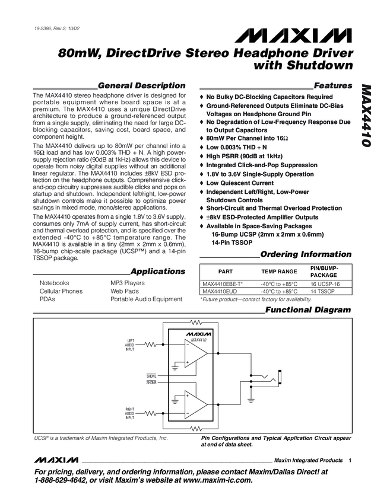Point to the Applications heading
click(x=158, y=272)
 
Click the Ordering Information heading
click(x=306, y=254)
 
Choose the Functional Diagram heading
click(x=308, y=310)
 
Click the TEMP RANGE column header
click(x=279, y=271)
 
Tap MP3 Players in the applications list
click(x=128, y=283)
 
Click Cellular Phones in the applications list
click(x=61, y=291)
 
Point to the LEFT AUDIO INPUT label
click(x=130, y=344)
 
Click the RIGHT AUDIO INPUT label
click(x=130, y=413)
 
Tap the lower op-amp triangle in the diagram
click(x=195, y=405)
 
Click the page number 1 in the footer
click(x=351, y=461)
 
